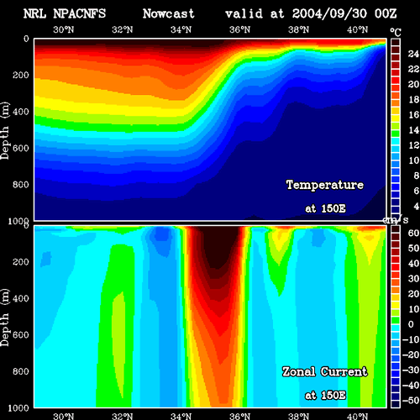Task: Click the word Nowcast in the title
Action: [x=168, y=13]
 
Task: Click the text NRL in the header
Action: [x=34, y=13]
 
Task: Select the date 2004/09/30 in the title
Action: [x=329, y=13]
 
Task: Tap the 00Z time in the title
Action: [x=386, y=13]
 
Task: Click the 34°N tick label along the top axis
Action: [x=181, y=29]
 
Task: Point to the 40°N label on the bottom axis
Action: [x=357, y=416]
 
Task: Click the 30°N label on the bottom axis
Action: [x=64, y=416]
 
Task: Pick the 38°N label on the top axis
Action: [x=298, y=29]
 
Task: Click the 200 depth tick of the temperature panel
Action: [x=20, y=75]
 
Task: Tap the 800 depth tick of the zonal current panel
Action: [x=20, y=371]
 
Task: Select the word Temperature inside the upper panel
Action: [x=325, y=185]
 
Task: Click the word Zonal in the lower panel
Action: [x=299, y=371]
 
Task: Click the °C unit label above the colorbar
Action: [x=396, y=33]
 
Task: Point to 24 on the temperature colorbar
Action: [x=413, y=54]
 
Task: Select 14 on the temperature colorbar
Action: [x=413, y=129]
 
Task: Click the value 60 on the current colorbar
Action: [x=413, y=233]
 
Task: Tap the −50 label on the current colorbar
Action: [x=411, y=401]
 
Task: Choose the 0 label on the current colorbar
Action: [x=411, y=324]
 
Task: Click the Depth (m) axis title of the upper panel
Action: [x=5, y=130]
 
